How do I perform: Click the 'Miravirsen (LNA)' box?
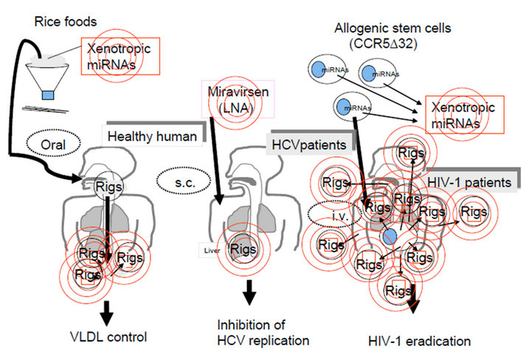232,101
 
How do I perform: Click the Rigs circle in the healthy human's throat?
103,187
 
